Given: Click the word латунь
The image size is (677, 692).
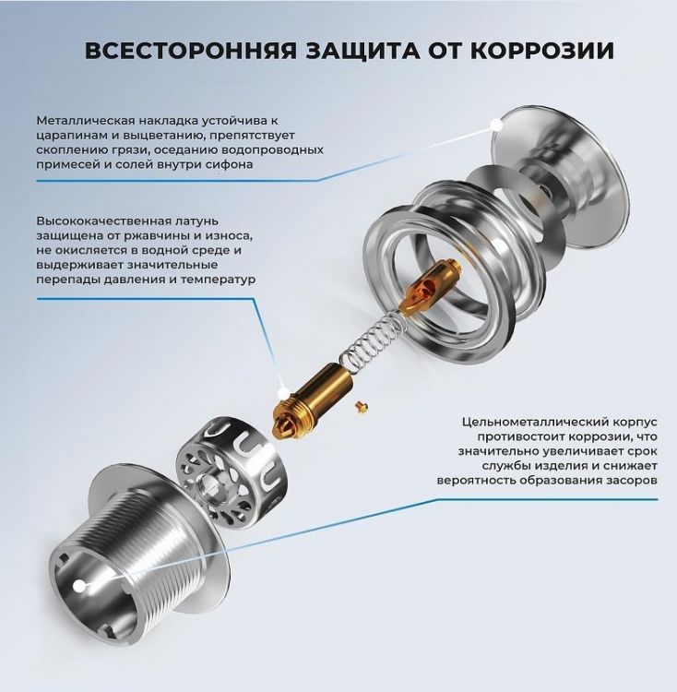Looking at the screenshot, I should pyautogui.click(x=207, y=221).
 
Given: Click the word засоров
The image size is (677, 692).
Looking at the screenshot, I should pyautogui.click(x=627, y=481).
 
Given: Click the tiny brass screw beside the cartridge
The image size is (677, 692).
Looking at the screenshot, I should pyautogui.click(x=362, y=402).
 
